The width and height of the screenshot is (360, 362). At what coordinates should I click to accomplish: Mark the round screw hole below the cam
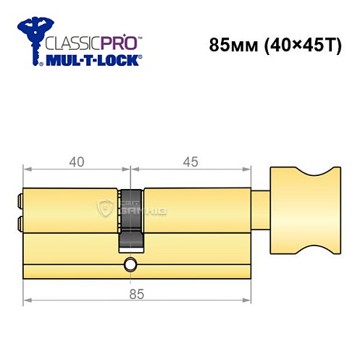pos(130,264)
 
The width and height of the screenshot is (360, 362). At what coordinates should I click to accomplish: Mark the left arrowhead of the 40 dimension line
pos(26,172)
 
